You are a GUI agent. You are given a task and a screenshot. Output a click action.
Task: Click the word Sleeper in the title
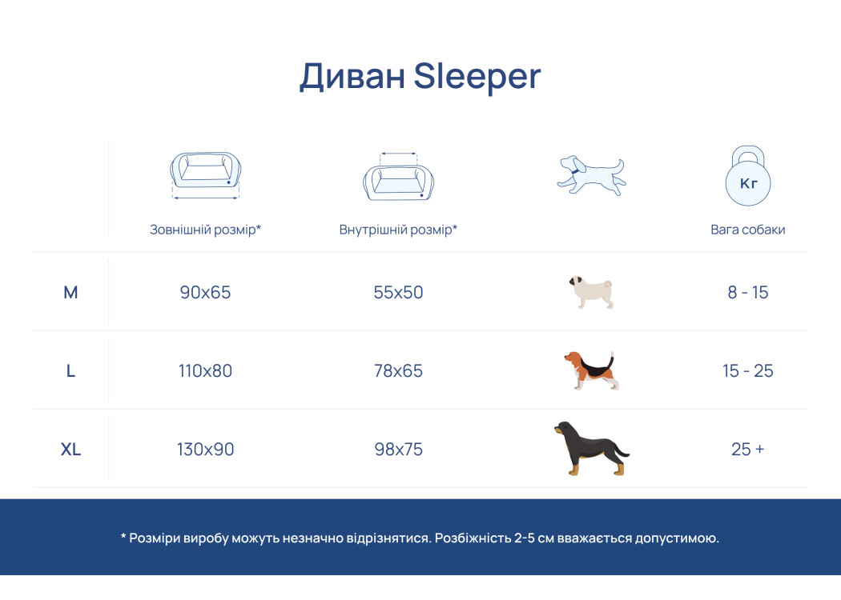[477, 78]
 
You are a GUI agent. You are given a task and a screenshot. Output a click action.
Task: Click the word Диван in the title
[352, 77]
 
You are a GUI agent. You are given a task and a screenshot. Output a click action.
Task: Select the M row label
[70, 293]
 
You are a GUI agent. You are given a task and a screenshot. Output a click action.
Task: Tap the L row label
[70, 370]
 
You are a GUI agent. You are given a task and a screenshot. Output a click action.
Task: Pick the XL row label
[70, 449]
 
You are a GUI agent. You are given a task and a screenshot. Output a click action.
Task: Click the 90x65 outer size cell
[205, 293]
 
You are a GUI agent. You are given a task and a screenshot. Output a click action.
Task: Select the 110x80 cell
[205, 370]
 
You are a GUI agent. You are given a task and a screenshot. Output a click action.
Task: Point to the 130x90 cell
[205, 449]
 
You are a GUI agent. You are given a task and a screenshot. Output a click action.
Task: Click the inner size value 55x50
[399, 293]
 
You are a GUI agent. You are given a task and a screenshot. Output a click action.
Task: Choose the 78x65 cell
[399, 370]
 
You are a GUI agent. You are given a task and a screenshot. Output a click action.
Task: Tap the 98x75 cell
[399, 449]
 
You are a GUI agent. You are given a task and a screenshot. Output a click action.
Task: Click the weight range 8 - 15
[748, 293]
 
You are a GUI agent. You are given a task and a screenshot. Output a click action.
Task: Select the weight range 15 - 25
[748, 370]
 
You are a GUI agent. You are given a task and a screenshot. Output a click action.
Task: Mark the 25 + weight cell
[747, 449]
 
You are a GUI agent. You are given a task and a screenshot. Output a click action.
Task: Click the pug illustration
[592, 292]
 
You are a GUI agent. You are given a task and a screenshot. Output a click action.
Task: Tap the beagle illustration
[591, 370]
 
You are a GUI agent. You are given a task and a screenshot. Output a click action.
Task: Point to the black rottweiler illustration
[591, 449]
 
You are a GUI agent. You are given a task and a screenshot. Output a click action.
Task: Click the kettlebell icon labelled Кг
[748, 176]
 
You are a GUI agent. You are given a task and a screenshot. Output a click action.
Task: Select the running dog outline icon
[592, 176]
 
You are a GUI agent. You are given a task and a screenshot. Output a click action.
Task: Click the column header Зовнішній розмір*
[205, 230]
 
